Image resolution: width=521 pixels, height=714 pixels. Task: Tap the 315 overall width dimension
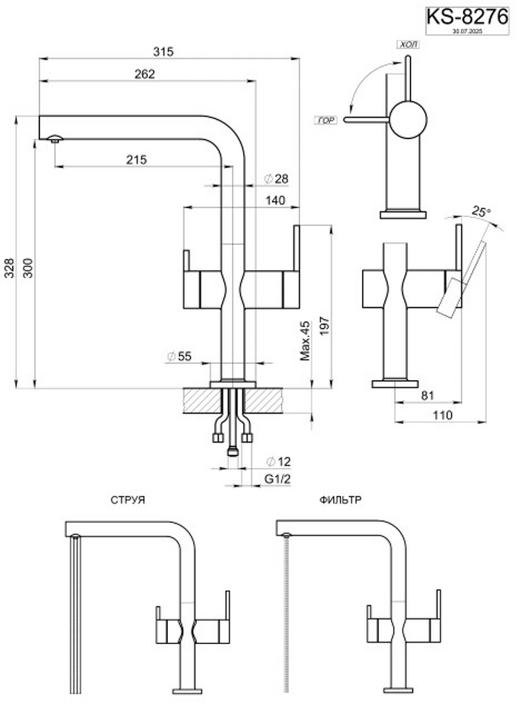tap(164, 51)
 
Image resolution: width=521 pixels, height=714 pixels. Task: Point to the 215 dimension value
tap(136, 159)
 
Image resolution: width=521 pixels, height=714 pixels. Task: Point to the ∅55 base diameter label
tap(179, 357)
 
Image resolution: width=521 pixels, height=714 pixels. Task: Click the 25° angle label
tap(482, 212)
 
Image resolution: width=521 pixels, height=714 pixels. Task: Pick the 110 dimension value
tap(443, 415)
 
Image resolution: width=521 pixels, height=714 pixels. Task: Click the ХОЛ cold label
tap(409, 45)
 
